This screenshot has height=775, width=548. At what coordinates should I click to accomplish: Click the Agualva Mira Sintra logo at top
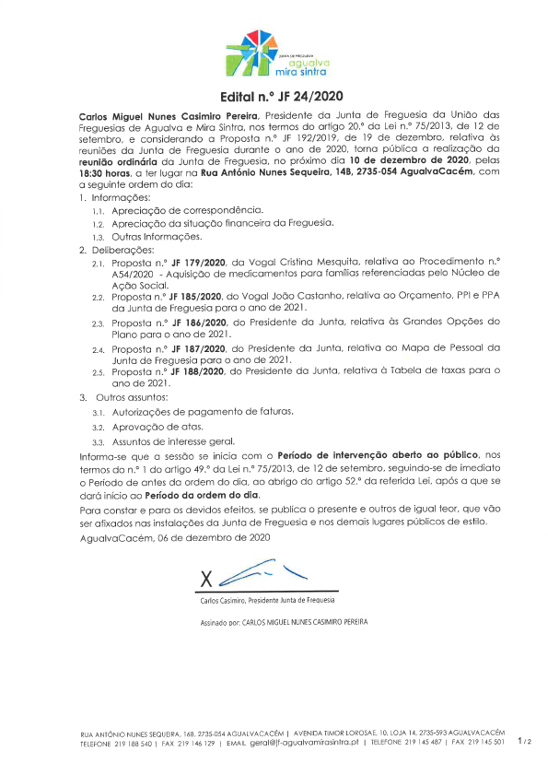[x=274, y=52]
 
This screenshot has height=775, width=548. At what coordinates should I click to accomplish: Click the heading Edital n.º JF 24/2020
[x=274, y=96]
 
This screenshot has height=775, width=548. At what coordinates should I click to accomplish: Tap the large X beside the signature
[x=206, y=580]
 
